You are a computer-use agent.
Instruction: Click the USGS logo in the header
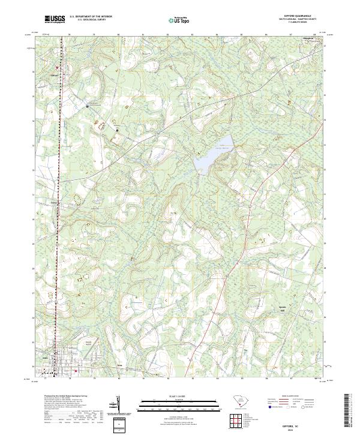click(x=56, y=20)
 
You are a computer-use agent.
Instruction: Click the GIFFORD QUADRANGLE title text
click(x=295, y=16)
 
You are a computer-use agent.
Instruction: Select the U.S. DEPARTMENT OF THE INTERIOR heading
click(x=91, y=17)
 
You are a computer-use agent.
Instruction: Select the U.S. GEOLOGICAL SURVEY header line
click(x=91, y=21)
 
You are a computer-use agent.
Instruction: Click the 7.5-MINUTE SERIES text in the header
click(x=295, y=24)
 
